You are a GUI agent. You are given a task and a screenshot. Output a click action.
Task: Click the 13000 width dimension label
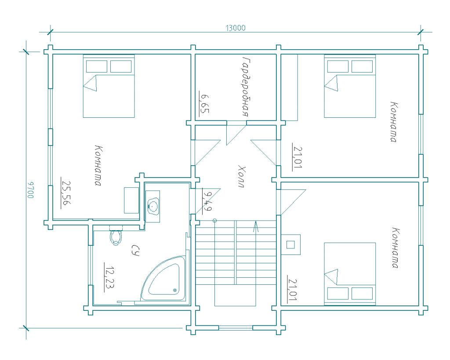(x=236, y=28)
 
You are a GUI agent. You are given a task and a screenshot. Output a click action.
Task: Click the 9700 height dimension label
(x=30, y=189)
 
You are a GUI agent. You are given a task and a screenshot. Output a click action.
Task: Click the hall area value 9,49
(x=207, y=201)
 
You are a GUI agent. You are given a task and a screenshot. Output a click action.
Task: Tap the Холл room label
(x=242, y=176)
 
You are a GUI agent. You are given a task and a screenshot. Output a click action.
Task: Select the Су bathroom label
(x=135, y=251)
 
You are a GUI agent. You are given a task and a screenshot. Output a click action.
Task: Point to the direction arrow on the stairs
(x=256, y=226)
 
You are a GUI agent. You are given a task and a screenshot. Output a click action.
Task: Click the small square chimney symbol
(x=290, y=245)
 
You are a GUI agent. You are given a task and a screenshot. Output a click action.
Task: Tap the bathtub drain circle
(x=175, y=290)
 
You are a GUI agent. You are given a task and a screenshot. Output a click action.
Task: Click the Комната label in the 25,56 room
(x=98, y=166)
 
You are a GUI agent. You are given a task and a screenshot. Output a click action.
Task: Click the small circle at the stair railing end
(x=214, y=221)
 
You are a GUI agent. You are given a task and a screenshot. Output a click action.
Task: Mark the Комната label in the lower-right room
(x=396, y=248)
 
